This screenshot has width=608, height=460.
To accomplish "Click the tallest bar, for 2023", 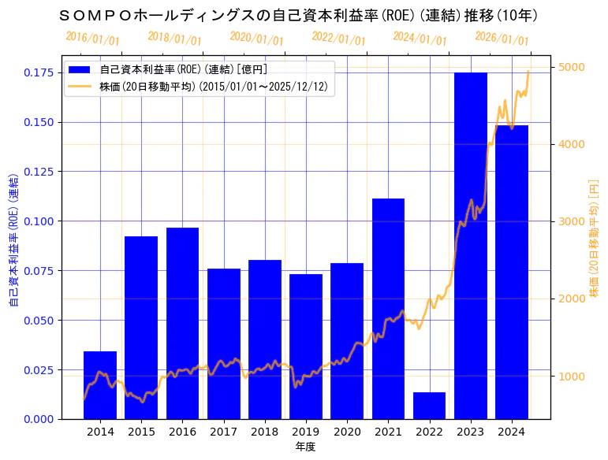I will (470, 245).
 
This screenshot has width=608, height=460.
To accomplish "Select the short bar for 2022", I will (429, 405).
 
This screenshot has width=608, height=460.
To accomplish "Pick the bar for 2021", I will (388, 308).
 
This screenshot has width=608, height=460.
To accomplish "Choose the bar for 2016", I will (182, 323).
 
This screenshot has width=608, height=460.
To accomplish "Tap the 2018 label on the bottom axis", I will (264, 432).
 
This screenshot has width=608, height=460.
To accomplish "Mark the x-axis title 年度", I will (306, 447).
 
